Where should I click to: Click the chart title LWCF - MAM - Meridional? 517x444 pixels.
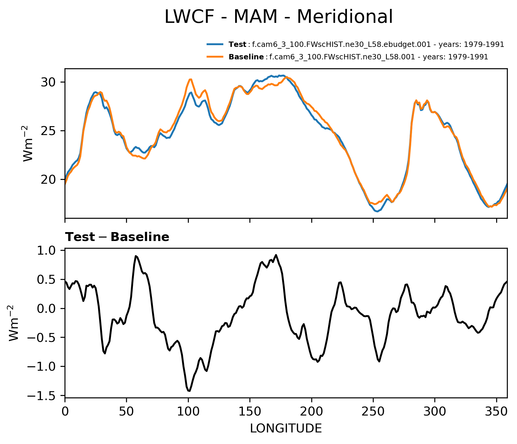pos(279,17)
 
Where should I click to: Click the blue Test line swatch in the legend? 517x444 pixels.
pos(215,45)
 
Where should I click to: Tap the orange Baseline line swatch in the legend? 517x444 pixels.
pos(215,57)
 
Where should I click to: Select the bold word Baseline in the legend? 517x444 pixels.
pos(246,57)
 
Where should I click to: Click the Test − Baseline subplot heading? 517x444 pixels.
pos(117,237)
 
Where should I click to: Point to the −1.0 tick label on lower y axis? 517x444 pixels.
pos(41,367)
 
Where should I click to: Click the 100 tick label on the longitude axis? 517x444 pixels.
pos(188,412)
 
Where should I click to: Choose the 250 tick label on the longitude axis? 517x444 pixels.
pos(373,412)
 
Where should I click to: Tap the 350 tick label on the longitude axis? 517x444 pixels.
pos(496,412)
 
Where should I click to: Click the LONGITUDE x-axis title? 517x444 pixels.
pos(286,429)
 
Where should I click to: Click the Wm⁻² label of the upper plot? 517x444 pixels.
pos(29,143)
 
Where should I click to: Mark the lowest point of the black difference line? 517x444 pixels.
pos(189,391)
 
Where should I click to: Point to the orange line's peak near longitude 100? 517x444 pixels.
pos(191,79)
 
